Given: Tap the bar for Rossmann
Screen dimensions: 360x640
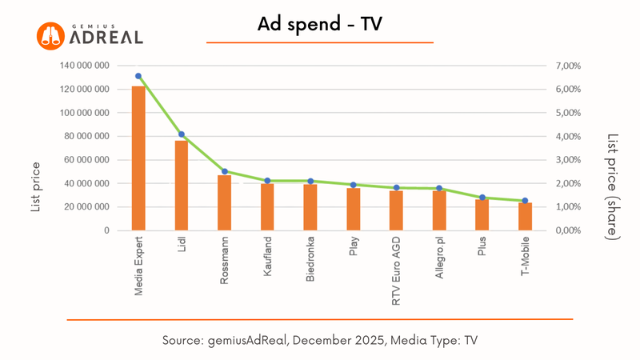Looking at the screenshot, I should point(225,203).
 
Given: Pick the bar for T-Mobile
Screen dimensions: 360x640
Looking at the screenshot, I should point(525,217).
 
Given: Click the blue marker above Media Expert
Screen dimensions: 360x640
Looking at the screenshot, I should point(138,76).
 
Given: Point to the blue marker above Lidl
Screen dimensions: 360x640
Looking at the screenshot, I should point(182,134).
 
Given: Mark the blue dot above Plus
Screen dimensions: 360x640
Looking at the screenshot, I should point(482,198).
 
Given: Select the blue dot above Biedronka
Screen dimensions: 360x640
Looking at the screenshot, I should point(310,181).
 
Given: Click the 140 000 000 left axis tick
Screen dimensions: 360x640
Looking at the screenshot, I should point(84,66).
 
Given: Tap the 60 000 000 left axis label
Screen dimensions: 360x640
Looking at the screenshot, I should point(86,160).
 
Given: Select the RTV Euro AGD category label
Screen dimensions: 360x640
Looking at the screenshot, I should point(397,272).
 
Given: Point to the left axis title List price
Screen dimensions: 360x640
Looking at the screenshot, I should point(36,186).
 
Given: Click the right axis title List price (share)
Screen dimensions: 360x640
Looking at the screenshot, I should point(612,186).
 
